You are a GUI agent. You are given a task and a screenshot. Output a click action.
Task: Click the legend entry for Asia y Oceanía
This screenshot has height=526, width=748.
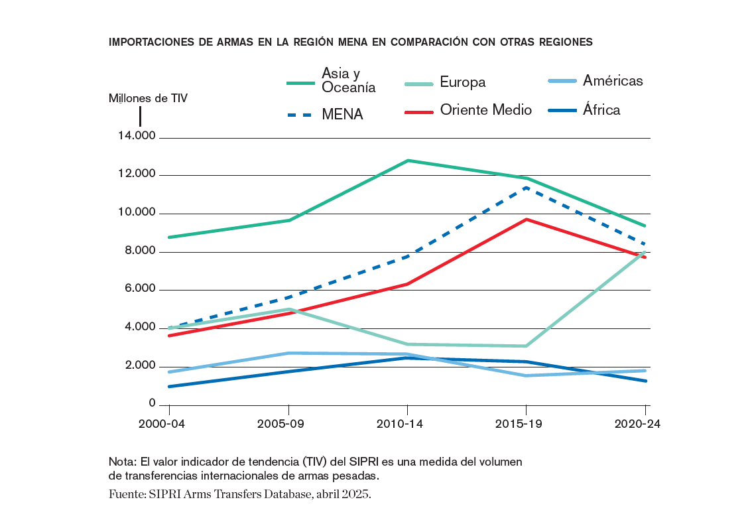[x=332, y=80]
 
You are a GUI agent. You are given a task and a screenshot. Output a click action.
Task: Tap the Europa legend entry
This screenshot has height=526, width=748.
[x=445, y=82]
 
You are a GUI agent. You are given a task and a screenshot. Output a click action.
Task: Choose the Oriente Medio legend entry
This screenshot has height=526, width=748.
[x=468, y=110]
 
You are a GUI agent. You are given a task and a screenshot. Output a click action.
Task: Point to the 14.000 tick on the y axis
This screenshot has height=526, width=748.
[x=137, y=137]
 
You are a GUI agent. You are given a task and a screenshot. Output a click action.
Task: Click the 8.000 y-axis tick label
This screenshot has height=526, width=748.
[x=137, y=251]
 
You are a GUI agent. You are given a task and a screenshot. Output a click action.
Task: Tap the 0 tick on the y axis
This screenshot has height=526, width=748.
[x=152, y=404]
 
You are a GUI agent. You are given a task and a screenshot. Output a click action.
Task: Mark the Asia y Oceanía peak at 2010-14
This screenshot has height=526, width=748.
[x=408, y=161]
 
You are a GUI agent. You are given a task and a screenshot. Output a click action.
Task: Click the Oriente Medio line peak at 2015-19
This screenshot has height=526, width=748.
[x=527, y=219]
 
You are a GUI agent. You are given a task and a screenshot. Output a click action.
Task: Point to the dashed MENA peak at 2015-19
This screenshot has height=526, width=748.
[x=527, y=187]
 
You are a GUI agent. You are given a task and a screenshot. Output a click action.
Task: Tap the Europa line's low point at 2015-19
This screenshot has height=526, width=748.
[x=527, y=346]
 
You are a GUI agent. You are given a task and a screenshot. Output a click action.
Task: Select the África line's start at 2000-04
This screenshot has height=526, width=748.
[x=170, y=386]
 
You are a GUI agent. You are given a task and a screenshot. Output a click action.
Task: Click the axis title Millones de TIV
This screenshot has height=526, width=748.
[x=148, y=98]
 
